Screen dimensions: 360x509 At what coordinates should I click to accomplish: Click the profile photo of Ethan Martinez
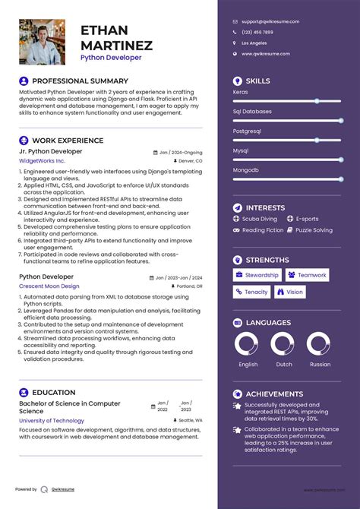click(x=42, y=42)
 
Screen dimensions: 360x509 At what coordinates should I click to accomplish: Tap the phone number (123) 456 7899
click(x=257, y=33)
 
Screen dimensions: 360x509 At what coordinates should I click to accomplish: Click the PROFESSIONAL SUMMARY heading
click(x=80, y=81)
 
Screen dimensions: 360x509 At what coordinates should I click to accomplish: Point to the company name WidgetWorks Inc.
click(x=42, y=161)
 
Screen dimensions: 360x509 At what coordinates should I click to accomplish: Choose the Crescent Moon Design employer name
click(x=49, y=286)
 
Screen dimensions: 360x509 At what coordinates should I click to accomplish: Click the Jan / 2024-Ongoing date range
click(x=181, y=152)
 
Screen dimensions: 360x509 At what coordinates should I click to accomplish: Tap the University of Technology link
click(x=52, y=420)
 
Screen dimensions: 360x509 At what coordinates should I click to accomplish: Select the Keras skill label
click(x=241, y=91)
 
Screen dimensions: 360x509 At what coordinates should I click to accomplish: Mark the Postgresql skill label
click(x=248, y=131)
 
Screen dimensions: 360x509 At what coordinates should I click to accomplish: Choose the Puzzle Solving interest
click(x=314, y=230)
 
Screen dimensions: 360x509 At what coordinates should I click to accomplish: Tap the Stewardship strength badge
click(x=257, y=275)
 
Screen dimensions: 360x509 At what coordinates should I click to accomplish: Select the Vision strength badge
click(x=290, y=292)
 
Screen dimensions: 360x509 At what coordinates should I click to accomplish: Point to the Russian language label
click(x=320, y=364)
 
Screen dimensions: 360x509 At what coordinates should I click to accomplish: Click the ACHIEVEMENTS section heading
click(x=274, y=394)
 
